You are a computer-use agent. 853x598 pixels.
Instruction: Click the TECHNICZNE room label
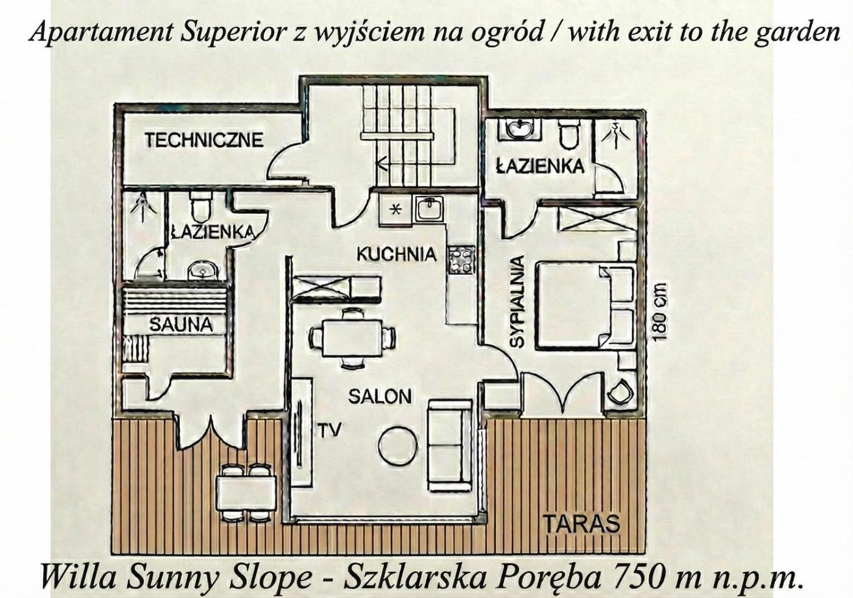click(204, 139)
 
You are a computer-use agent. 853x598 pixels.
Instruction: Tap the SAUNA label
click(180, 325)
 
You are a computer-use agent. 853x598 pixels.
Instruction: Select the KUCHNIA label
click(397, 254)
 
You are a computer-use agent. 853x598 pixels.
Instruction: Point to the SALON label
click(380, 397)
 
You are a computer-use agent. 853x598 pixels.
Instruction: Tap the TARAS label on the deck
click(581, 524)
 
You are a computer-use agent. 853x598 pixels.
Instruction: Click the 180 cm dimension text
click(660, 312)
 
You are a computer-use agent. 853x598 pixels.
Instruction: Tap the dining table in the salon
click(352, 338)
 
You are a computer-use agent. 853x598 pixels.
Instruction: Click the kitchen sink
click(430, 208)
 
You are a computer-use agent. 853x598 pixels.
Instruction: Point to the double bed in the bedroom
click(586, 306)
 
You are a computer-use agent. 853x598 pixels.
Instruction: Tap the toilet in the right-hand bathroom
click(569, 135)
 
